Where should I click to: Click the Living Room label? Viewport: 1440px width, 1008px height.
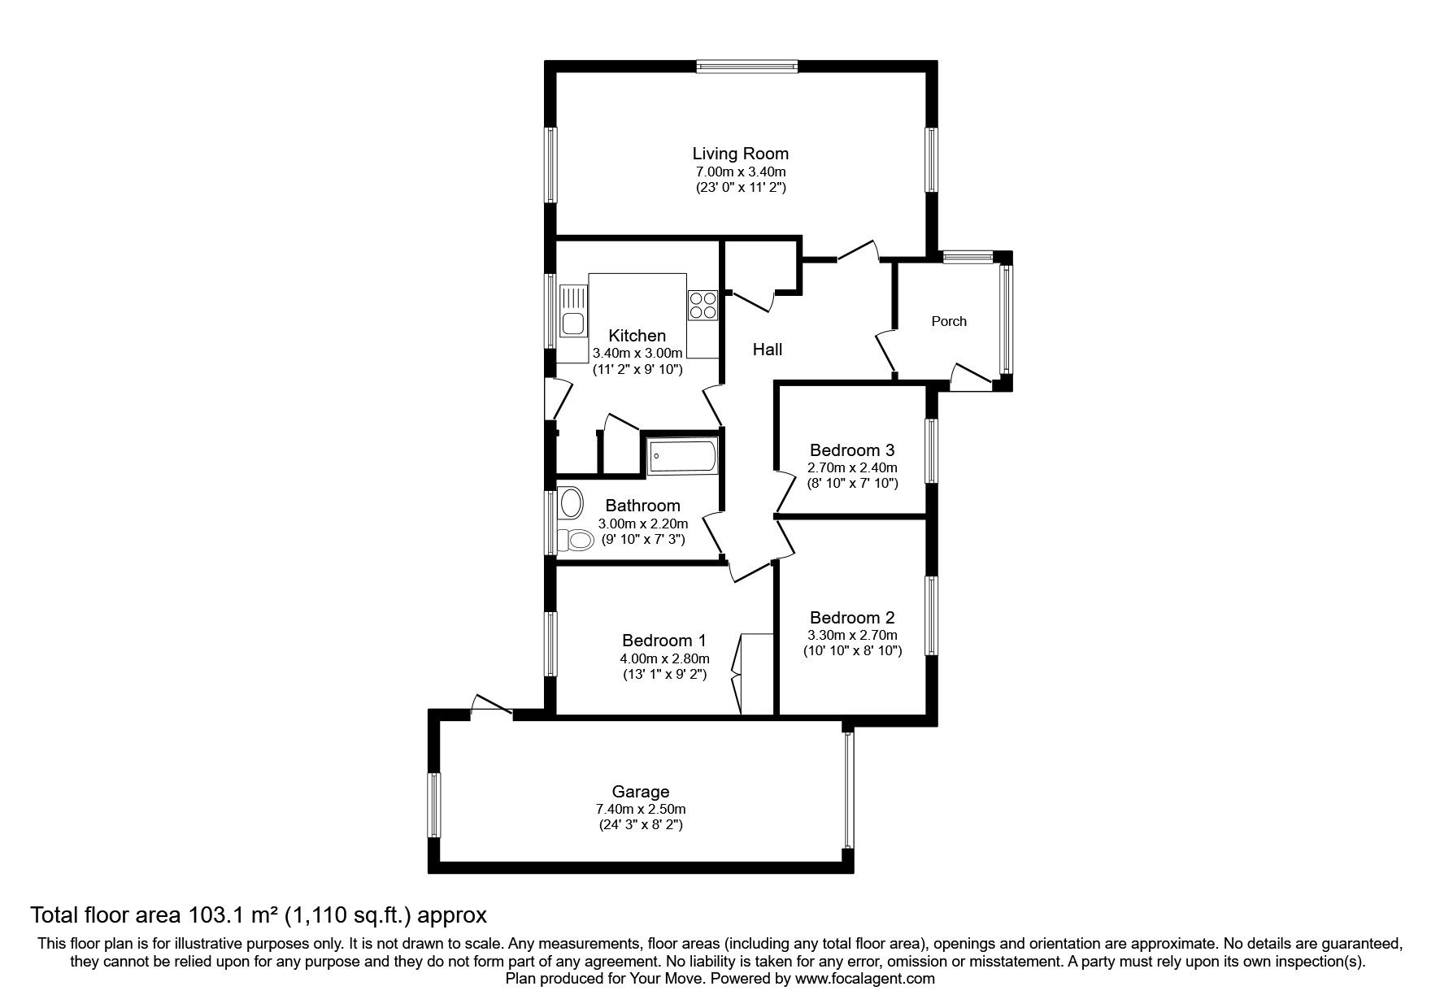point(740,153)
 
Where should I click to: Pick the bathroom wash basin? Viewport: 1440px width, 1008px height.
point(571,502)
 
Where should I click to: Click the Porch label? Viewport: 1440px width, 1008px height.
point(948,321)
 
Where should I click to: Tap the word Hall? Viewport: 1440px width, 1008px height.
point(767,350)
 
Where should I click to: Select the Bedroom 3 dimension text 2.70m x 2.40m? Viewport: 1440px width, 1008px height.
point(851,467)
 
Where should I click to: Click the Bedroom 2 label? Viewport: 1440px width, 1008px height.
point(851,617)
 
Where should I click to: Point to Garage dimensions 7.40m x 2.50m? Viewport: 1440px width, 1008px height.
point(640,809)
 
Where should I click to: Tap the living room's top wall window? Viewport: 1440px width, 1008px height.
point(746,67)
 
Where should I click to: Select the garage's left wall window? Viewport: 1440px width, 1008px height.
point(434,806)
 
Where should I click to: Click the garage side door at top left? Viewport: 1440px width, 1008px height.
point(491,706)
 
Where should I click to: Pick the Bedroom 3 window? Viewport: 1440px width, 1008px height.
point(932,450)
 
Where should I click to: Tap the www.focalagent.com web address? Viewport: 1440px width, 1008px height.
point(864,979)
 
